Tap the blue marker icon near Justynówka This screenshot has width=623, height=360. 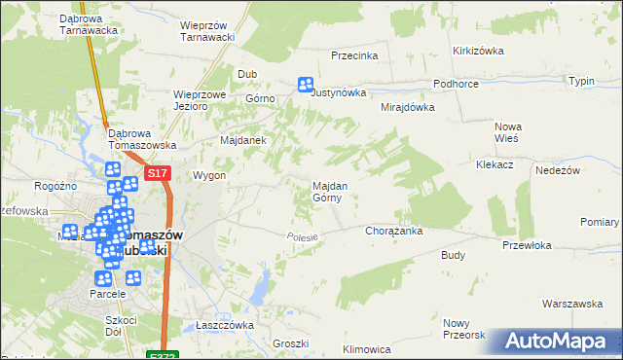306,86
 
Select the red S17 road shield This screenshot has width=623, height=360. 159,173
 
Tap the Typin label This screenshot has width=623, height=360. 581,81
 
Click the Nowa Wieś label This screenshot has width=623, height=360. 508,132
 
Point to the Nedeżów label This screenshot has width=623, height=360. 558,170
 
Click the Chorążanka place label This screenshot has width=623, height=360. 392,232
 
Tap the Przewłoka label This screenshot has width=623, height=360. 527,246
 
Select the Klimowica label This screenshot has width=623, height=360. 367,348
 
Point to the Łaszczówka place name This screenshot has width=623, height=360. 224,325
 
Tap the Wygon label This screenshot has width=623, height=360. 209,176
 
